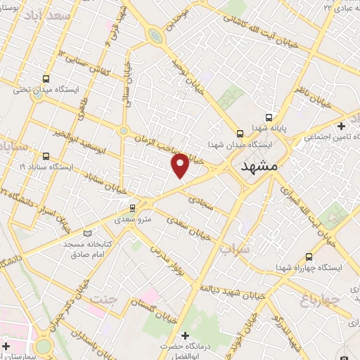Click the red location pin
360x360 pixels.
click(181, 165)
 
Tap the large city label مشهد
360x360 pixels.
click(259, 167)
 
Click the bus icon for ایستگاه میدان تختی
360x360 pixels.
click(46, 79)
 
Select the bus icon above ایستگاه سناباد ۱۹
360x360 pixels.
click(46, 156)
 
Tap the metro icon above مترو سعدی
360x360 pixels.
click(132, 207)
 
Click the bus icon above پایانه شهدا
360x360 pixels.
click(268, 118)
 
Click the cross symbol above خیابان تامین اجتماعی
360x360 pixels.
click(342, 127)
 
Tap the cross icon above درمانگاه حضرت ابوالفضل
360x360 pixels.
click(186, 335)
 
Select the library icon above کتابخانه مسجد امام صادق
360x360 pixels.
click(87, 233)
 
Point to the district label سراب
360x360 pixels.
click(233, 249)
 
